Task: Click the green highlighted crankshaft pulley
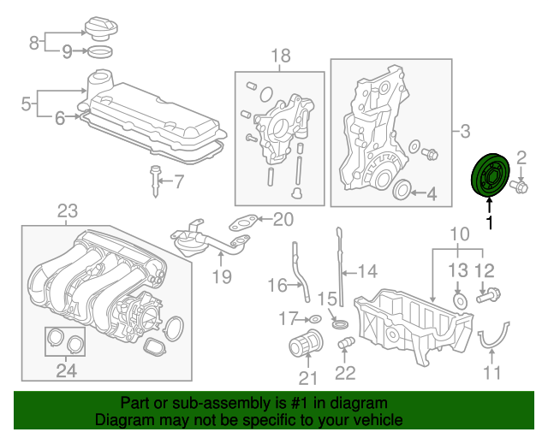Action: point(490,175)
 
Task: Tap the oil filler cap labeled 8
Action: point(101,29)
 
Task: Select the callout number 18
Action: point(281,56)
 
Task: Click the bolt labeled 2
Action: point(520,186)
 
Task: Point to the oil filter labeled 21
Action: point(306,342)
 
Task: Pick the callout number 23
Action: point(68,211)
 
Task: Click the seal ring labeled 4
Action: point(402,191)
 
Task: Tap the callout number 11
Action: point(491,372)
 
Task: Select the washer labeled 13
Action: point(460,300)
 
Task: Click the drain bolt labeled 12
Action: point(489,295)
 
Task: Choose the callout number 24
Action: point(67,370)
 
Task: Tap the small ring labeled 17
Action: point(315,319)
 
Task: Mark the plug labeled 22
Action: point(346,343)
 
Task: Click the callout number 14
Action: point(367,271)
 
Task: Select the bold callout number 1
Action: point(491,222)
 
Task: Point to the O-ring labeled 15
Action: point(340,323)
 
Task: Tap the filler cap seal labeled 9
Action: point(99,51)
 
